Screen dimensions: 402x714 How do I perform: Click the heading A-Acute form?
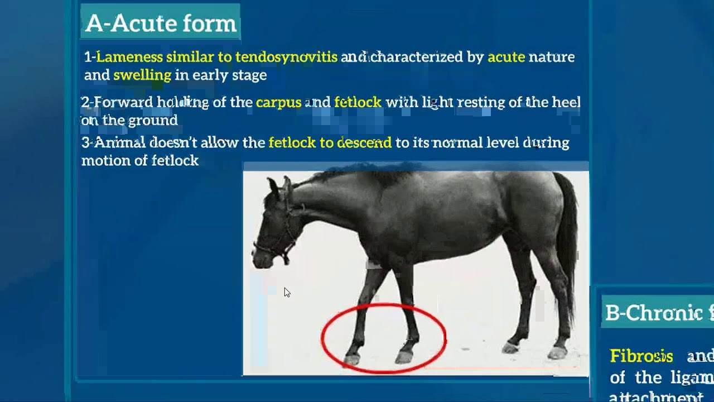161,23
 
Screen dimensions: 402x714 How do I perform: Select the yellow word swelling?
142,75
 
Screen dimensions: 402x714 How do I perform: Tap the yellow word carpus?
278,103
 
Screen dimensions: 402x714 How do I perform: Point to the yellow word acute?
506,57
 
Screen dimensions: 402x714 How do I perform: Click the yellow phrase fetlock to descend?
330,143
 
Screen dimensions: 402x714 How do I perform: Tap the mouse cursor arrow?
286,292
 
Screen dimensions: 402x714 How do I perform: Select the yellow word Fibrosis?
641,356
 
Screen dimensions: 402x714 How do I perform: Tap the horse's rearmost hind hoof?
557,352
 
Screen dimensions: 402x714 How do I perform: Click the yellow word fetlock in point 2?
358,103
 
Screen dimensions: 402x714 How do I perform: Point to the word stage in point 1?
250,75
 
